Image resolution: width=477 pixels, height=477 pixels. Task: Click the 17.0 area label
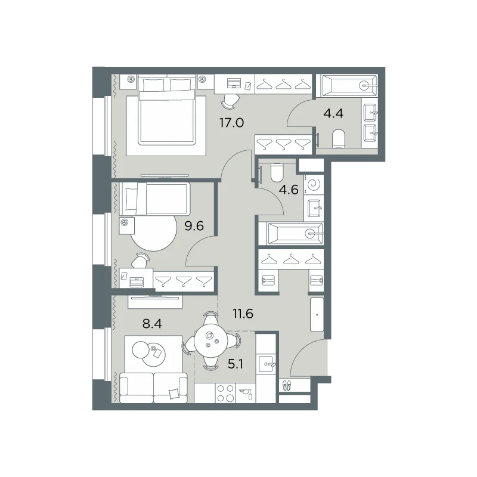[231, 123]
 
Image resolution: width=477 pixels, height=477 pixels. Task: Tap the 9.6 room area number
[194, 226]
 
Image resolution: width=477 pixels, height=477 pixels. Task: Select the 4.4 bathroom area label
[333, 113]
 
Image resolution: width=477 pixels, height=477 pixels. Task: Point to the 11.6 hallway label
[243, 314]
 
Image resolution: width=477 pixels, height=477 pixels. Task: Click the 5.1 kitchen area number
[235, 364]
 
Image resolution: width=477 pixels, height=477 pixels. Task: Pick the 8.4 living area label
[152, 324]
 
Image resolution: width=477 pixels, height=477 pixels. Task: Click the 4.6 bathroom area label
[289, 190]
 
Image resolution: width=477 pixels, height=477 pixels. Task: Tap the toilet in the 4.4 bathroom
[338, 139]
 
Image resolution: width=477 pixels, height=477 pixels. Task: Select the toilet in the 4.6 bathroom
[277, 172]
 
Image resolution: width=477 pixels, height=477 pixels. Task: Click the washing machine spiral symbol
[314, 184]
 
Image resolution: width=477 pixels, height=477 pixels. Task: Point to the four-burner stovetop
[225, 393]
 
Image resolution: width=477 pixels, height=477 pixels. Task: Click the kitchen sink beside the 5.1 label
[267, 364]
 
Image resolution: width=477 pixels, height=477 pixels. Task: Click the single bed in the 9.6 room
[155, 199]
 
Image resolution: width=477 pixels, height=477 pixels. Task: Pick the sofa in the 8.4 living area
[154, 388]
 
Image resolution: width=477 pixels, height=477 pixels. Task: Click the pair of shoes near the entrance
[287, 385]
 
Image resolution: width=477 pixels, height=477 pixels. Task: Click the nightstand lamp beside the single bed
[124, 222]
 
